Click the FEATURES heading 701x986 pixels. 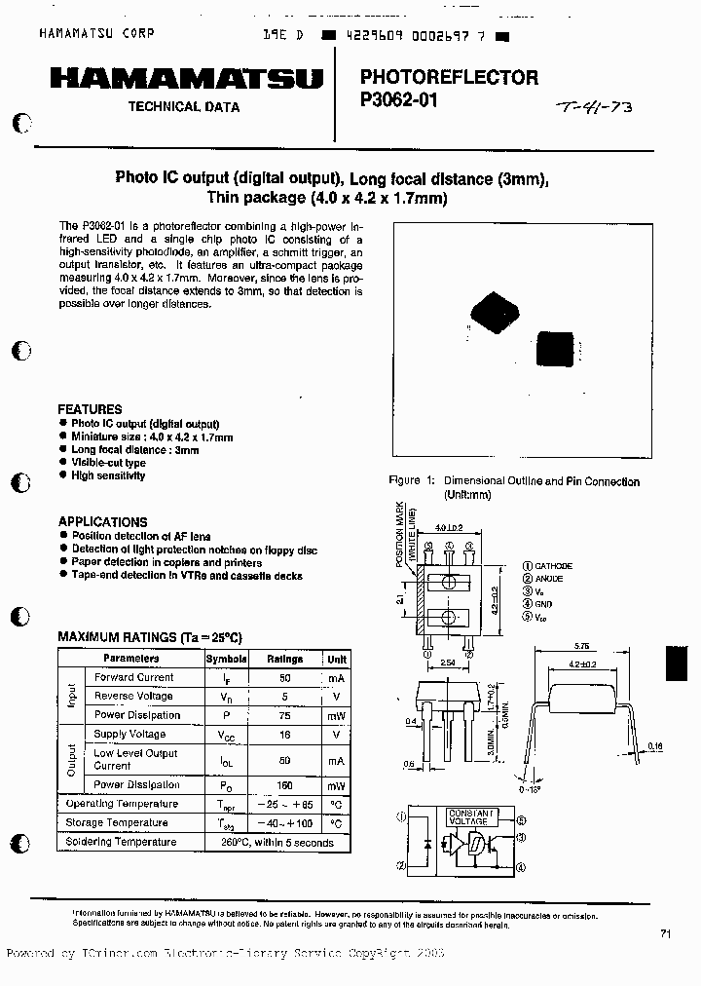[x=90, y=409]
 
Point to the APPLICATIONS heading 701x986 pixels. [x=102, y=521]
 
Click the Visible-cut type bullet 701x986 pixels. [x=108, y=463]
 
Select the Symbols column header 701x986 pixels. [x=226, y=658]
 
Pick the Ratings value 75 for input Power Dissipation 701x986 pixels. [x=285, y=715]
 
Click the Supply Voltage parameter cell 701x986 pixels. [x=129, y=734]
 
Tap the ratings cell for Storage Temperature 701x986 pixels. [x=285, y=823]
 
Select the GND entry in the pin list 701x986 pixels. [x=542, y=604]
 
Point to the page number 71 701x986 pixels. [x=665, y=933]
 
